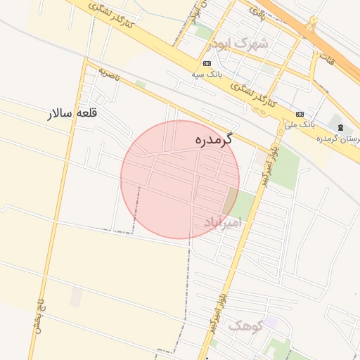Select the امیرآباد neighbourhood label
pyautogui.click(x=222, y=222)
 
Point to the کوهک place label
pyautogui.click(x=245, y=325)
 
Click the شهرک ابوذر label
pyautogui.click(x=239, y=44)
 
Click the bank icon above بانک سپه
pyautogui.click(x=207, y=63)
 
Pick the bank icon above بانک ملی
pyautogui.click(x=300, y=114)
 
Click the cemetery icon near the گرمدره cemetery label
pyautogui.click(x=341, y=127)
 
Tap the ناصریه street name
pyautogui.click(x=109, y=72)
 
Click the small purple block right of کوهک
pyautogui.click(x=271, y=322)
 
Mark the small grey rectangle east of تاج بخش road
pyautogui.click(x=75, y=297)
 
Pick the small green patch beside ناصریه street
pyautogui.click(x=141, y=84)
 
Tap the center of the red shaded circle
pyautogui.click(x=180, y=179)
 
